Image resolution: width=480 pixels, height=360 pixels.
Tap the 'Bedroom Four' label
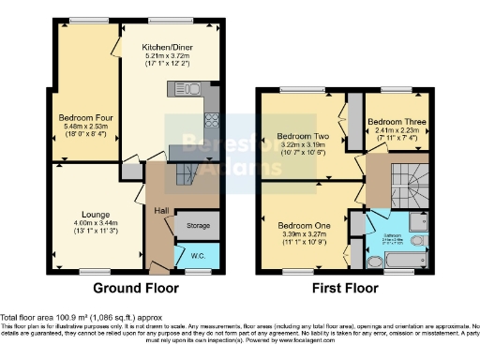point(80,119)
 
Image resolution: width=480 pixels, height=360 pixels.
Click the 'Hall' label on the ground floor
point(160,210)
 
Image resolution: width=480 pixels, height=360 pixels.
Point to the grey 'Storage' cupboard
point(198,225)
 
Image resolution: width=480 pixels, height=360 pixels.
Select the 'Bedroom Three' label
point(394,122)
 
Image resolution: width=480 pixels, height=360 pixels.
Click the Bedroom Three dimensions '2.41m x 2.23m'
point(394,132)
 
